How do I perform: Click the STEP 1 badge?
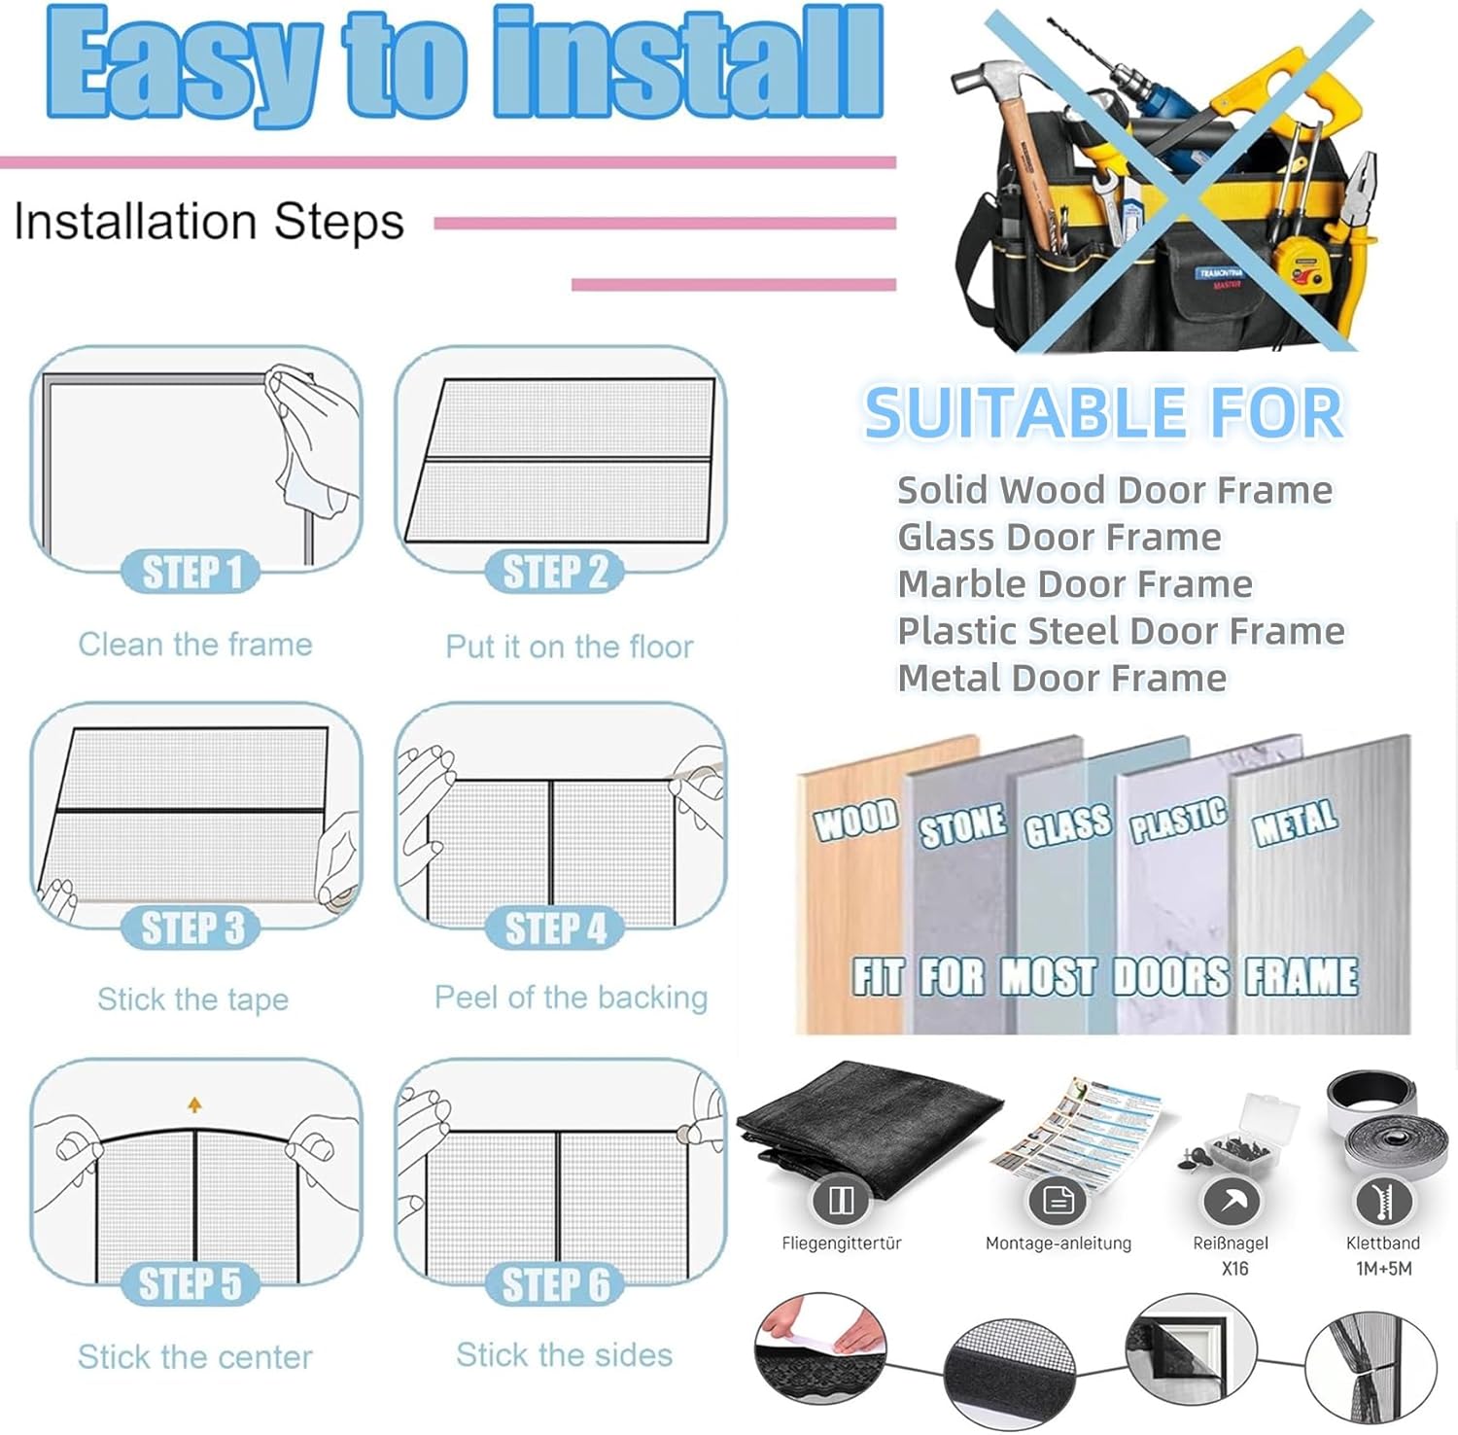(191, 572)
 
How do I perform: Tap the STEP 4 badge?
(555, 927)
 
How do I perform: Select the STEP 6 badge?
(555, 1284)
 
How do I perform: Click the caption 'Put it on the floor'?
(569, 647)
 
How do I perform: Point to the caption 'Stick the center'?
(194, 1356)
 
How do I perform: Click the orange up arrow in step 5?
(194, 1104)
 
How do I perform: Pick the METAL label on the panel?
(1295, 822)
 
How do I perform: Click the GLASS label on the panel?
(1066, 825)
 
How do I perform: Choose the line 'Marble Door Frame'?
(1074, 584)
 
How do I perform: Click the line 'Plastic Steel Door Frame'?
(1120, 631)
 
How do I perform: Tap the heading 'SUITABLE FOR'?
(1103, 412)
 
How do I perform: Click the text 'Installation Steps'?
(209, 222)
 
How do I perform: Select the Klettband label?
(1382, 1243)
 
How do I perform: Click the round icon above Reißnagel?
(1232, 1202)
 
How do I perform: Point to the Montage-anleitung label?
(1058, 1243)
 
